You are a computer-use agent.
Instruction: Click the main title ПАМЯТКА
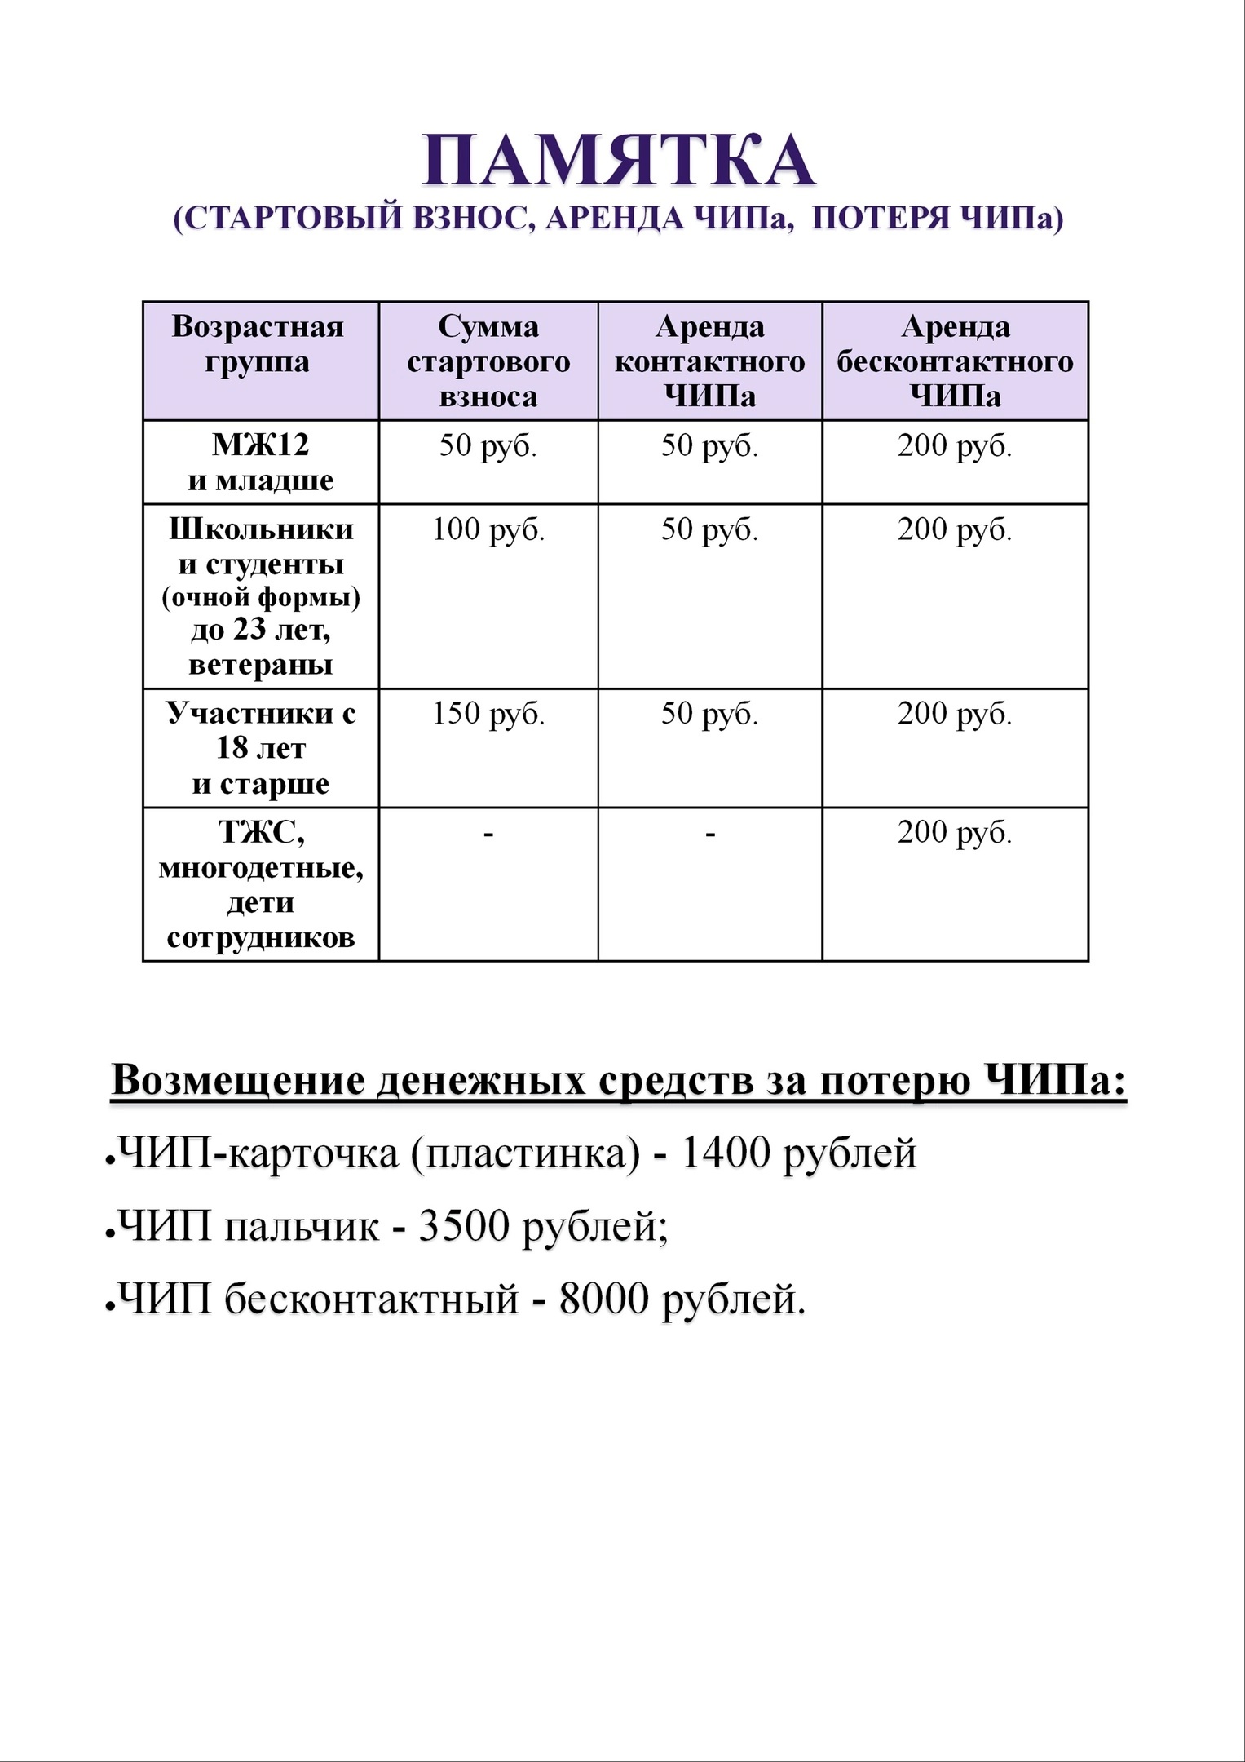618,161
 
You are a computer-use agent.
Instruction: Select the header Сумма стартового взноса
488,361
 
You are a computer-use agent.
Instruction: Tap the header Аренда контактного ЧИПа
709,361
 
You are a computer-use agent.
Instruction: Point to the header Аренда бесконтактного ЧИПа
955,361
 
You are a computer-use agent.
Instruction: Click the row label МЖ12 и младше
260,462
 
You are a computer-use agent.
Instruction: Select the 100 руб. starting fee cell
488,529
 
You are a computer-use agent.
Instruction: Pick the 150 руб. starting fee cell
488,714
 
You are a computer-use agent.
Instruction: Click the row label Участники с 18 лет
260,748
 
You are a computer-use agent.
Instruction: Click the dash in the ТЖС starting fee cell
488,834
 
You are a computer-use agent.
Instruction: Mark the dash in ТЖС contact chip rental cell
710,834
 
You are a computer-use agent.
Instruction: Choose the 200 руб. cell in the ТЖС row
955,833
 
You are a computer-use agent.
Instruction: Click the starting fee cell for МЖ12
488,446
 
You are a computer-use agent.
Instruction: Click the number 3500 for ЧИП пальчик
464,1225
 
